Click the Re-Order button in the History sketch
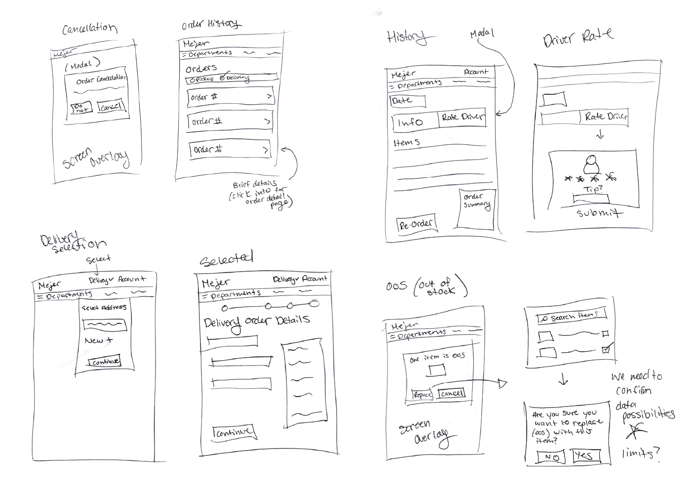(416, 225)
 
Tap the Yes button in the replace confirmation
(585, 455)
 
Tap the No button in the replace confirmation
(551, 457)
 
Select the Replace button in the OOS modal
(422, 395)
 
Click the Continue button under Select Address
(104, 362)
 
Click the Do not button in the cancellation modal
(81, 108)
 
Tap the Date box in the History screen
(407, 100)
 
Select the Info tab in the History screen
(414, 122)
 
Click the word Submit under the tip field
(599, 213)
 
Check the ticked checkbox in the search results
(607, 349)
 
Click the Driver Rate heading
(578, 37)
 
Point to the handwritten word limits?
(640, 453)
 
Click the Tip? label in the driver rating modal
(593, 189)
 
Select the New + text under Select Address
(98, 340)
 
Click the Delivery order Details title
(257, 322)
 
